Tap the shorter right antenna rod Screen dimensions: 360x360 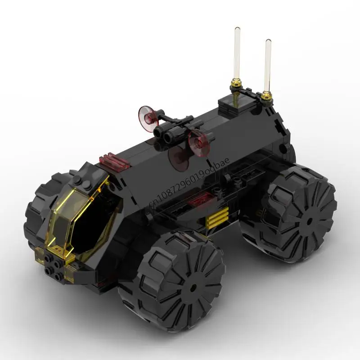tap(268, 65)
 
